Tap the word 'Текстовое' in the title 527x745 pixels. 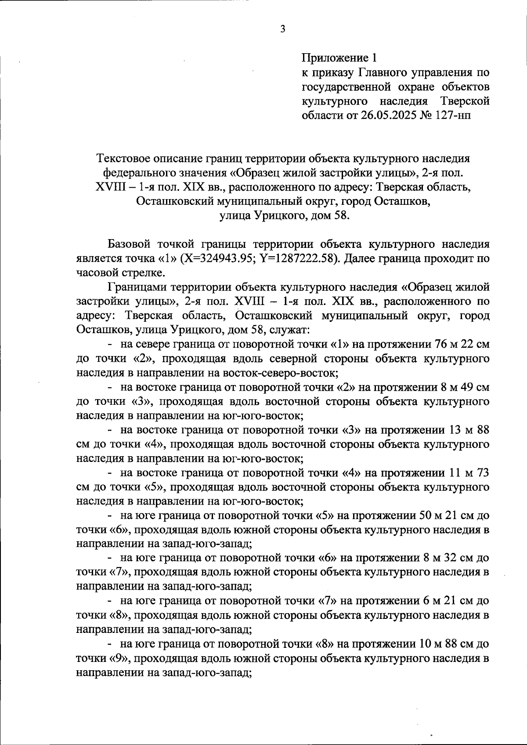128,158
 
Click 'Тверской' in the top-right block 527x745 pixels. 465,101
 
